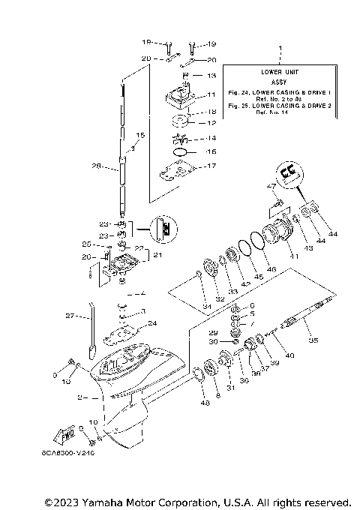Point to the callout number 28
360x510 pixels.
[95, 166]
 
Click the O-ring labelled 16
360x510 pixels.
[181, 151]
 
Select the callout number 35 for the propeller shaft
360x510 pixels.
[313, 341]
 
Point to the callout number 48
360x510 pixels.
[205, 403]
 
